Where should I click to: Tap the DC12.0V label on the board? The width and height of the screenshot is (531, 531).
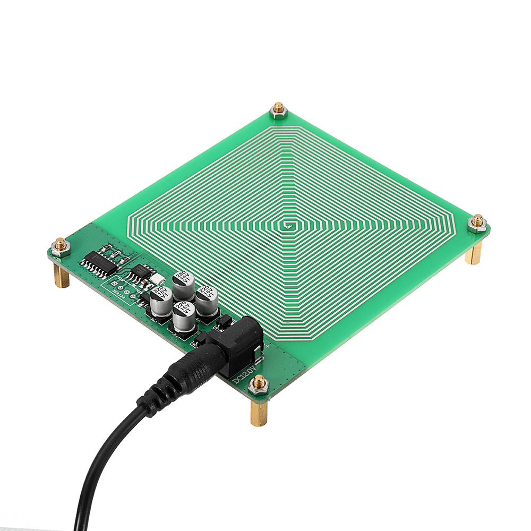(244, 372)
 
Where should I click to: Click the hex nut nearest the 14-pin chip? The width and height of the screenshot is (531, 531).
(61, 246)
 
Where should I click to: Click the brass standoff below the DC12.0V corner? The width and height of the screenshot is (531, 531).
(259, 412)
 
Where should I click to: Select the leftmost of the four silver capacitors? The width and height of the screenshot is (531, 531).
(160, 303)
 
